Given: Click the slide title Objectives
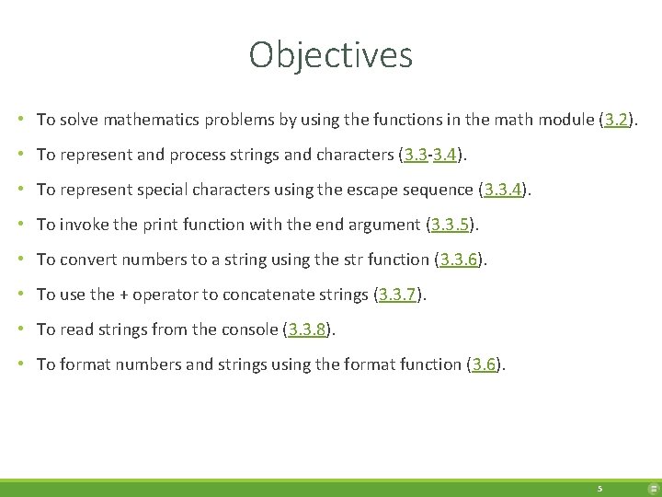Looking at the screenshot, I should click(330, 55).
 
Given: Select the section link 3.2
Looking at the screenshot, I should click(616, 120).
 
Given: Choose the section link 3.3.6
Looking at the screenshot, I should click(458, 260).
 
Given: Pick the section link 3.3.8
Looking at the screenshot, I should click(307, 329).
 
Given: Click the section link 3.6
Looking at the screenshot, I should click(485, 364).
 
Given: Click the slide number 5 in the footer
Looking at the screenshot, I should click(599, 489).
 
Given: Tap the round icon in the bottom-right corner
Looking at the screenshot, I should click(653, 489).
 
